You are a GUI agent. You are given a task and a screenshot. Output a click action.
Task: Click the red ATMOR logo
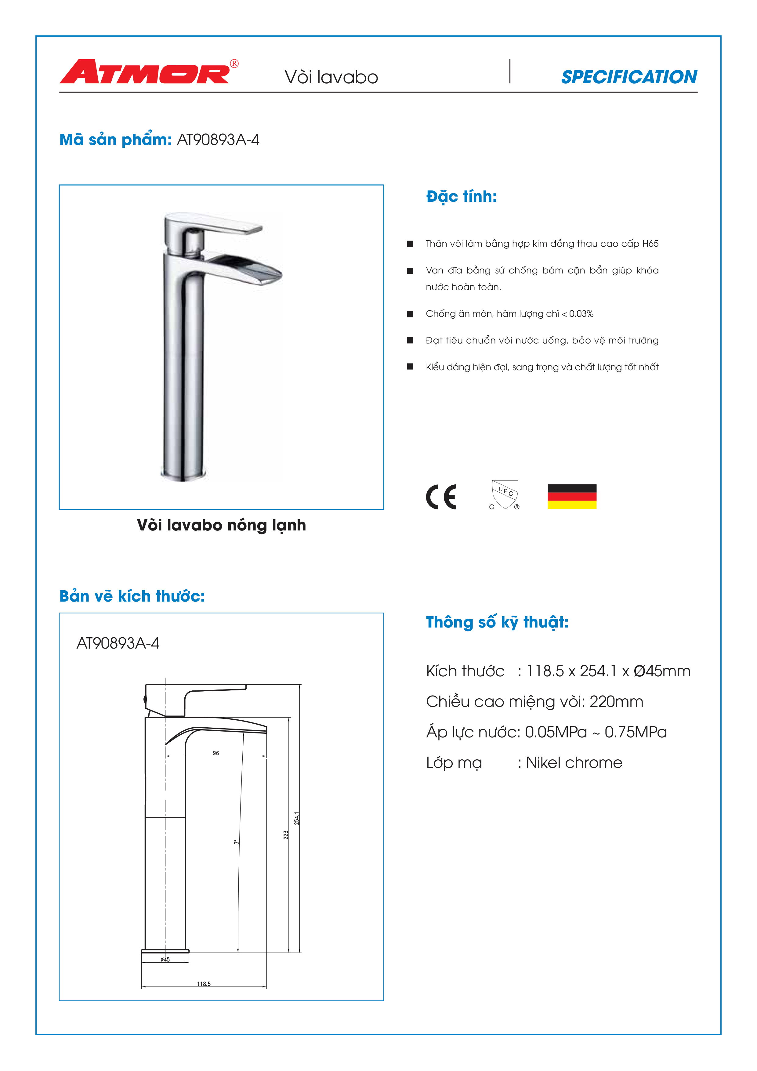145,72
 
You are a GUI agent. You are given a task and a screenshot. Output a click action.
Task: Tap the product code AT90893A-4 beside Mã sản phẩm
218,140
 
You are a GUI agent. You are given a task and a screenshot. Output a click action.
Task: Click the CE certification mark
441,497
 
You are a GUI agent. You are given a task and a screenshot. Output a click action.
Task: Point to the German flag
572,497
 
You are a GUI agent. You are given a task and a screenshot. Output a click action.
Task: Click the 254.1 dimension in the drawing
297,818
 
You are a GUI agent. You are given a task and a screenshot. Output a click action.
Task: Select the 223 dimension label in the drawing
286,834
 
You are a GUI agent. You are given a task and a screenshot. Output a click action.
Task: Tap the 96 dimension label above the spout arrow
216,753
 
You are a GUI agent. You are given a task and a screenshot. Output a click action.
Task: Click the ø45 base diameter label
165,960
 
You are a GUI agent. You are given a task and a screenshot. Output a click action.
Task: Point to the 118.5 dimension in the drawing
204,984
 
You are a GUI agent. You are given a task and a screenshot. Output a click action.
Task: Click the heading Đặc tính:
461,196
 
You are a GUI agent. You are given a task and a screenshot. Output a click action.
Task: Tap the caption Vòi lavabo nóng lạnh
222,525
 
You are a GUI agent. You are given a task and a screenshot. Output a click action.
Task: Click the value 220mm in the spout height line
616,702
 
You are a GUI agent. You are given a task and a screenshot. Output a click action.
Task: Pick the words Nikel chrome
574,763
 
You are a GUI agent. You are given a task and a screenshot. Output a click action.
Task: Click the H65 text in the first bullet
650,244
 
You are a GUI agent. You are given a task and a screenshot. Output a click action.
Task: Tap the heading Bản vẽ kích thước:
132,596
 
